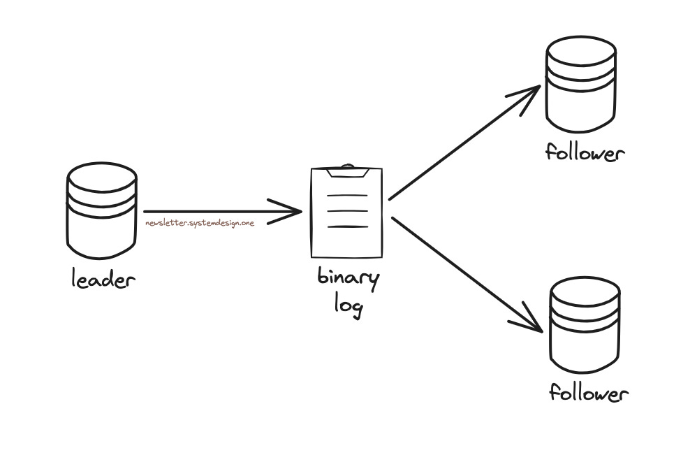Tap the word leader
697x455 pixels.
tap(103, 280)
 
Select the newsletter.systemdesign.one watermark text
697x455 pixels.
tap(199, 223)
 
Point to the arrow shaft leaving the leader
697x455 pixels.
tap(210, 211)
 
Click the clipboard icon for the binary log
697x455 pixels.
tap(346, 212)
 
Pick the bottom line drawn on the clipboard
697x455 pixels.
tap(346, 226)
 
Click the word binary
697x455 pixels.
tap(348, 280)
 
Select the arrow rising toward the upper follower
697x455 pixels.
tap(461, 145)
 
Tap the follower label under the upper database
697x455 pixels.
tap(582, 152)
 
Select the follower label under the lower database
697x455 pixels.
tap(588, 393)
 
